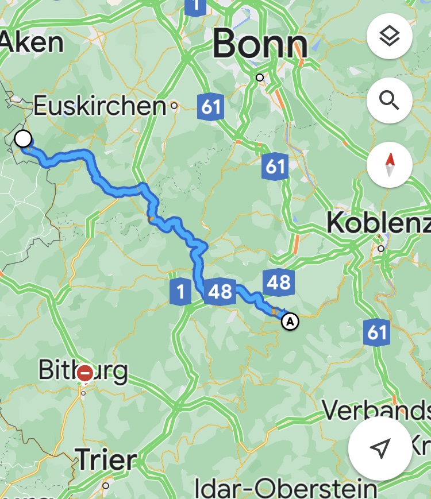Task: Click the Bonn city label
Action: (260, 45)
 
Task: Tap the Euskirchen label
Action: (99, 106)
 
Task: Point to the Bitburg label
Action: (83, 370)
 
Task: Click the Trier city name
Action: (107, 459)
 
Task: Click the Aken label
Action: (32, 42)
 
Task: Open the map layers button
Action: (390, 37)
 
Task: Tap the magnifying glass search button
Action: (390, 101)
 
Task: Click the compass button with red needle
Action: (390, 165)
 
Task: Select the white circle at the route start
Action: (23, 138)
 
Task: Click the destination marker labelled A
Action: (291, 321)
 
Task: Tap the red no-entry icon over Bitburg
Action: (85, 373)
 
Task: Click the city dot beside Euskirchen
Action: (174, 106)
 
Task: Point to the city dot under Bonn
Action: (260, 78)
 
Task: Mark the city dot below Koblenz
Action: (380, 249)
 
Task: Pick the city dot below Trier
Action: (106, 486)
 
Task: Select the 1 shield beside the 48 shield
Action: (181, 292)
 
